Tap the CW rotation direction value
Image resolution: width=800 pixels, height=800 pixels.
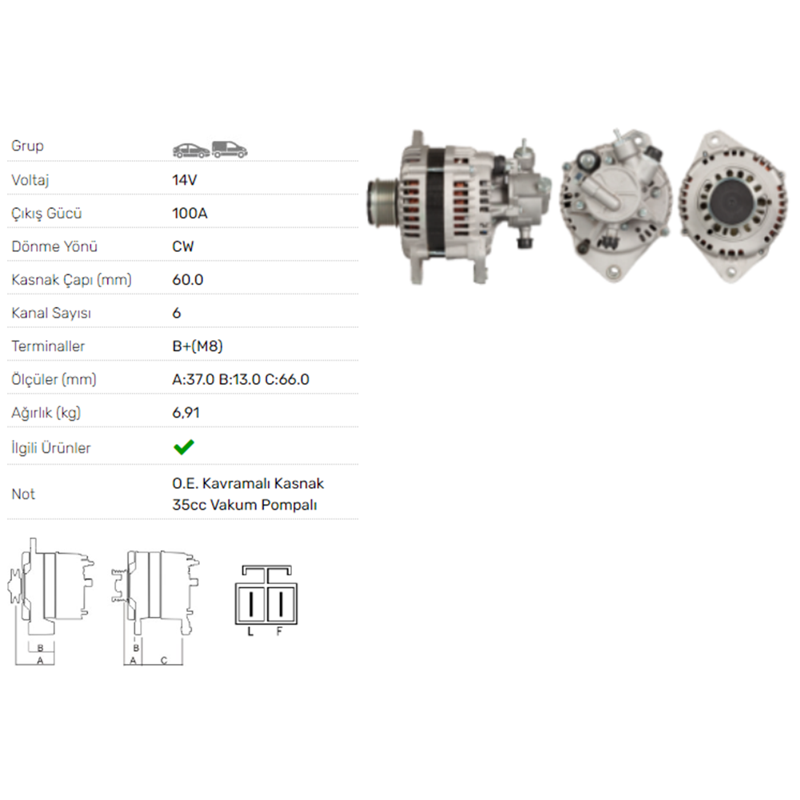click(x=183, y=246)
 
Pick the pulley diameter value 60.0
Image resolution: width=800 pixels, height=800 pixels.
click(x=188, y=280)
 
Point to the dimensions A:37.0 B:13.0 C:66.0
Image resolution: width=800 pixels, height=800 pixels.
click(x=241, y=380)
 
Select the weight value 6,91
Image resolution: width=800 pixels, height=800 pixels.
click(x=186, y=413)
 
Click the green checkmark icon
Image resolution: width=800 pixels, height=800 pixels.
click(x=184, y=447)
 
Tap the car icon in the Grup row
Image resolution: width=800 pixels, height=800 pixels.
click(x=190, y=149)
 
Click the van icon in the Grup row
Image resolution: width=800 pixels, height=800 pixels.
click(x=230, y=149)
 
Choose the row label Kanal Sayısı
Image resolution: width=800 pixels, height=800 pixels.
click(x=51, y=314)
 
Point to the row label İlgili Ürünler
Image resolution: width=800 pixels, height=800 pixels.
click(x=51, y=448)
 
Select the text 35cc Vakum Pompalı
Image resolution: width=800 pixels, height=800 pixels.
click(x=245, y=505)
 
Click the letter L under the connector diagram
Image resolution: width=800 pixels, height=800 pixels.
click(x=250, y=632)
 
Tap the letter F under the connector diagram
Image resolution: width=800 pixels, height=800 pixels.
click(x=279, y=632)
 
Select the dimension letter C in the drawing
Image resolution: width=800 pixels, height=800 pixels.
click(x=163, y=660)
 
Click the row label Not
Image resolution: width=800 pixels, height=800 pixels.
click(x=23, y=494)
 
